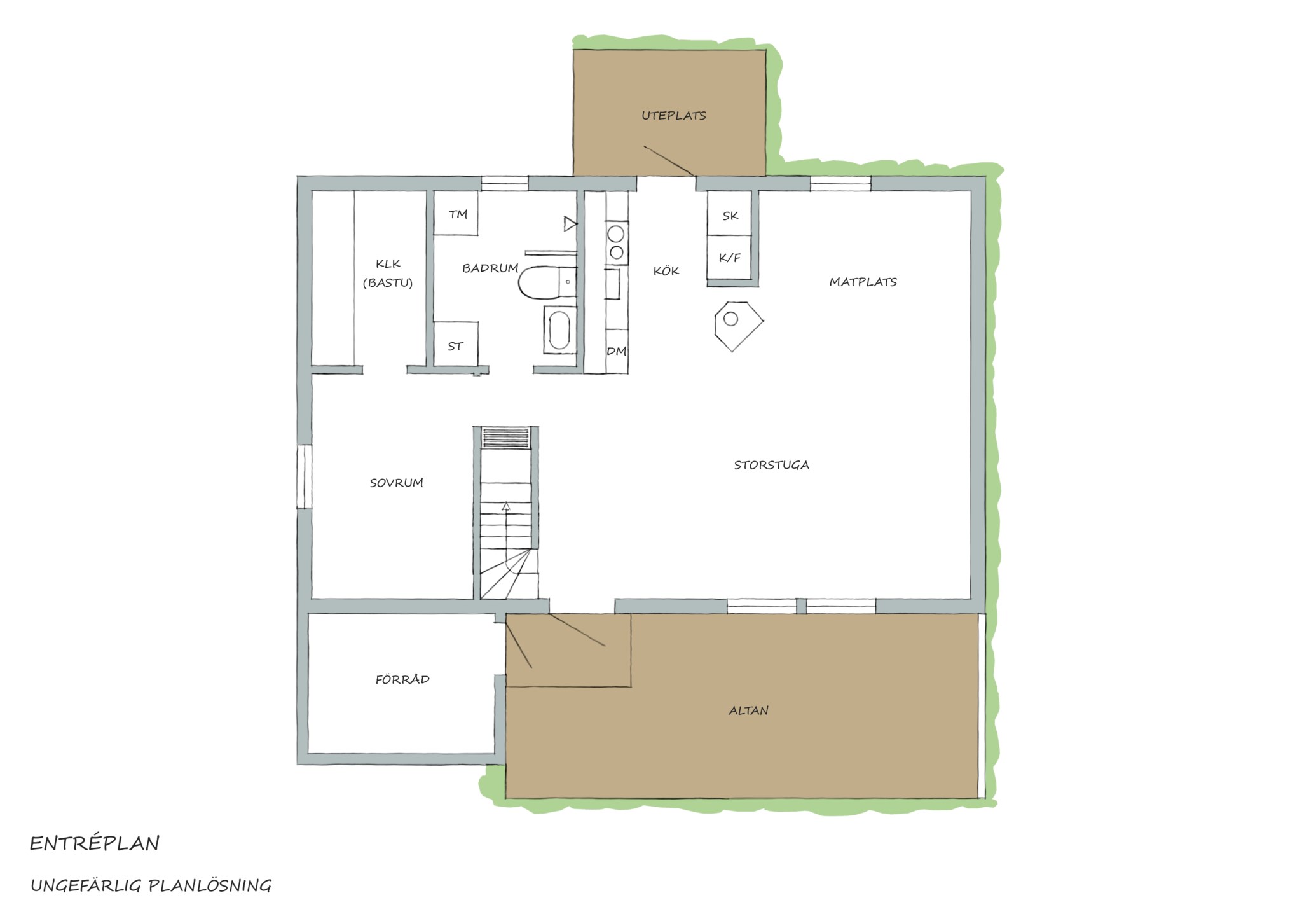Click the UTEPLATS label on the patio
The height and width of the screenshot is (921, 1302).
click(673, 116)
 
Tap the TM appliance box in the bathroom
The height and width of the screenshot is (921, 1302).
click(456, 213)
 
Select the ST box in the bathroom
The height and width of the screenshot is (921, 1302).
click(456, 344)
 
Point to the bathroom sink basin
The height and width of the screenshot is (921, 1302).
click(559, 329)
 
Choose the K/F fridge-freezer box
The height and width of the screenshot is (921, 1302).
click(730, 257)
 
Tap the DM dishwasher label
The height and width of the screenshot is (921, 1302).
click(616, 351)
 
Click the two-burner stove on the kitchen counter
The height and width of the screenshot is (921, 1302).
click(616, 243)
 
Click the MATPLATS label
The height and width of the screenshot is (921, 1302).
click(863, 282)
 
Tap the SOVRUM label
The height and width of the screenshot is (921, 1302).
click(396, 483)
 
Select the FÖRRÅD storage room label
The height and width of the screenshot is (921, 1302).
click(402, 679)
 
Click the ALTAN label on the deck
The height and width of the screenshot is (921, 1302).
click(748, 710)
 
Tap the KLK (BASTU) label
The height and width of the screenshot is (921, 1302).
click(388, 274)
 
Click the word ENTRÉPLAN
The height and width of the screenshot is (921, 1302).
click(95, 843)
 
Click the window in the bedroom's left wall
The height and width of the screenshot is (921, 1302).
click(305, 476)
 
